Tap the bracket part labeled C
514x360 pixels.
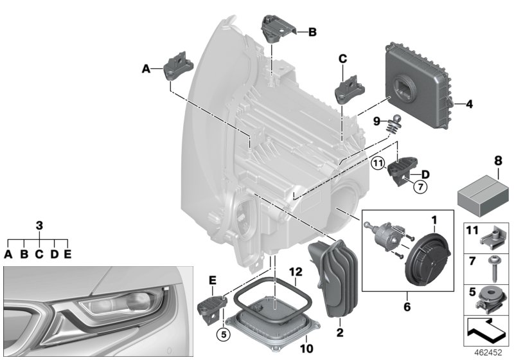coord(347,90)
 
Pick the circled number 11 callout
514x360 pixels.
coord(377,163)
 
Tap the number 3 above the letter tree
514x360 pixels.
coord(39,226)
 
